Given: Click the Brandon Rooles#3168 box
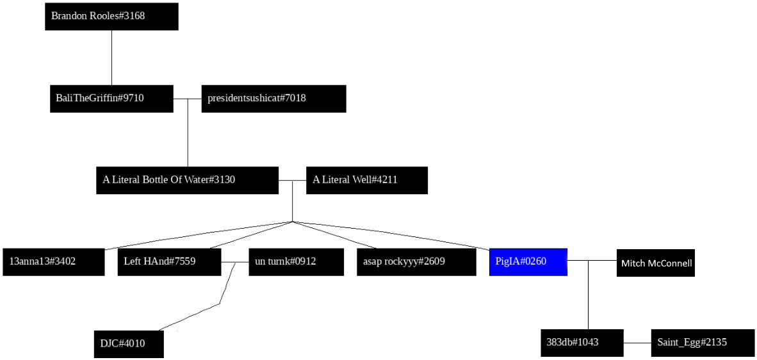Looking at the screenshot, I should click(x=111, y=16).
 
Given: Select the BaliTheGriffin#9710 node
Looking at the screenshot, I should click(x=111, y=98).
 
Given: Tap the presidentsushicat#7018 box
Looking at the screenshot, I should click(x=273, y=98).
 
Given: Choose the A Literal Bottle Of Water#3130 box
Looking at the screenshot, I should click(x=187, y=180).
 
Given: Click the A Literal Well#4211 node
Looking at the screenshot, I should click(x=366, y=180).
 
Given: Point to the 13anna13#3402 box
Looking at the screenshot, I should click(x=53, y=262).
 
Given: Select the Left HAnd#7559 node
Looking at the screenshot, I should click(x=169, y=262).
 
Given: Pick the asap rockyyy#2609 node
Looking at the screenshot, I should click(x=416, y=262).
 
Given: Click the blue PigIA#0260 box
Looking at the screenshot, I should click(x=528, y=262).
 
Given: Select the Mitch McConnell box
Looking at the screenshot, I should click(x=655, y=263).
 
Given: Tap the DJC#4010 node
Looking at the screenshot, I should click(x=129, y=344).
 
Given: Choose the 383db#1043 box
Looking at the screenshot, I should click(x=582, y=343).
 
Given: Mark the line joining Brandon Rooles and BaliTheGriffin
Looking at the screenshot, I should click(x=111, y=58).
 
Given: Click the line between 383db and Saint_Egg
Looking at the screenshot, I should click(x=637, y=343).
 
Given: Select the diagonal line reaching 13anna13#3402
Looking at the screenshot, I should click(x=199, y=235).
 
